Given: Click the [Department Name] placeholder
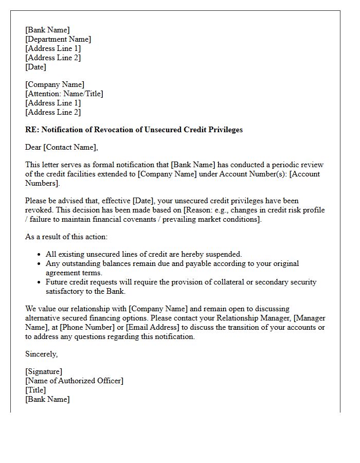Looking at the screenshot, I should point(58,39).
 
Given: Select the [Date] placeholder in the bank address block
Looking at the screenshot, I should point(35,67).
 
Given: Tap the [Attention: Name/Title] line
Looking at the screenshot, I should point(64,94).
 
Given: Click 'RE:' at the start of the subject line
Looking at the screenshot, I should point(32,130).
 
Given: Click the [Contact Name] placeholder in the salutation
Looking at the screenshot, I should point(70,147).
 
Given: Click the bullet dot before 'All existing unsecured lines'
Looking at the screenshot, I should point(40,255).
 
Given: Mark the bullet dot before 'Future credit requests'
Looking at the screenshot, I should point(40,282).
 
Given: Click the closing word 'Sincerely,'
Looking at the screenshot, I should point(42,354).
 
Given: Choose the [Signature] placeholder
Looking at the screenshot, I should point(44,371).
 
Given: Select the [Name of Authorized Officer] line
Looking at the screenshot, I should point(74,381).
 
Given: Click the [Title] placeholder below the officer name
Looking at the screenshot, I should point(35,390).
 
